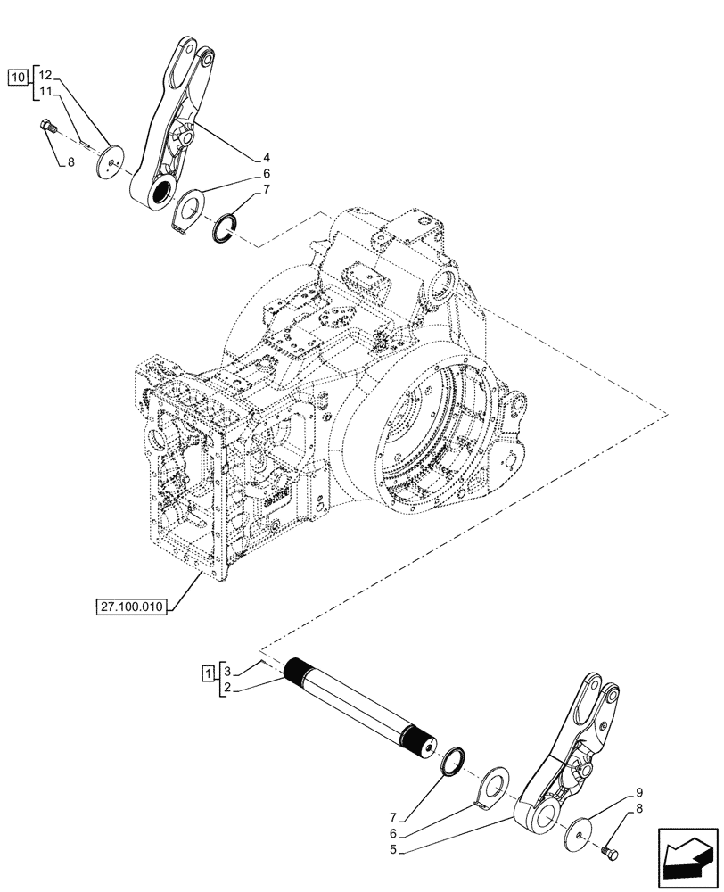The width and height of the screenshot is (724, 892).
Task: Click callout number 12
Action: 46,75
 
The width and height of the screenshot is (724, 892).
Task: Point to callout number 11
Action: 46,91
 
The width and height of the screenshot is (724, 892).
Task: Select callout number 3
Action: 228,671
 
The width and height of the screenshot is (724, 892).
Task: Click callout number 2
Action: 228,688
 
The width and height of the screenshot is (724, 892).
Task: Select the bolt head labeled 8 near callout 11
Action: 48,128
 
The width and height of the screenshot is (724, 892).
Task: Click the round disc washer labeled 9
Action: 582,833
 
